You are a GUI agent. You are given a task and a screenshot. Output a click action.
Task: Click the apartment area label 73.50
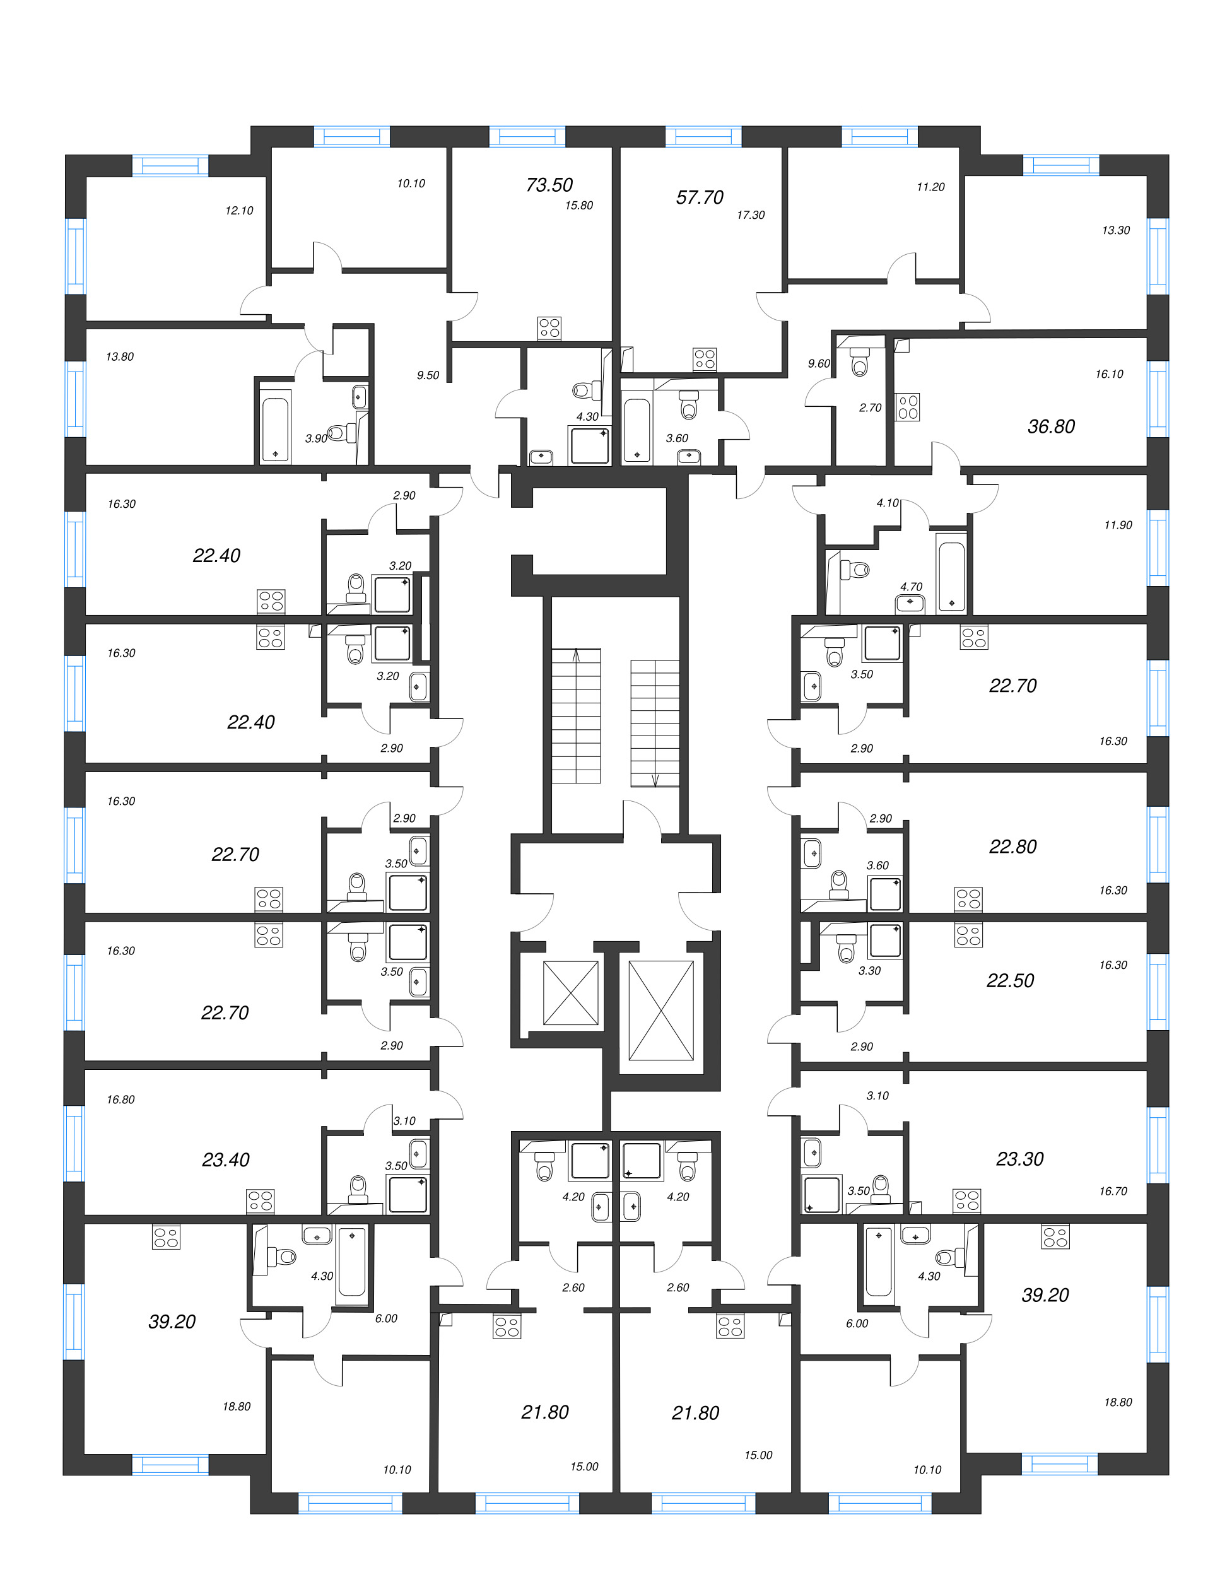[x=549, y=185]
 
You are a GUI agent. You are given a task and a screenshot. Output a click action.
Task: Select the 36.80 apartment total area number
[x=1051, y=427]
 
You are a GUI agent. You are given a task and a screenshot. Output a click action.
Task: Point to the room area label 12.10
[x=239, y=211]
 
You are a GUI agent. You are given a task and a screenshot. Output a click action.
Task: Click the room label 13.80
[x=120, y=356]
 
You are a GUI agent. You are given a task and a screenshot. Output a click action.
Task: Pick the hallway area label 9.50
[x=428, y=375]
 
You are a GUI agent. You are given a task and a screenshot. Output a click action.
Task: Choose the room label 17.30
[x=750, y=215]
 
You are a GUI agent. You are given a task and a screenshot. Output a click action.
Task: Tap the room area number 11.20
[x=930, y=187]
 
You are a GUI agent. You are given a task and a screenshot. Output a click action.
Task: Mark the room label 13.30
[x=1115, y=230]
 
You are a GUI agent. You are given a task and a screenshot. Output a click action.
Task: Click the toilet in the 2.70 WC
[x=859, y=361]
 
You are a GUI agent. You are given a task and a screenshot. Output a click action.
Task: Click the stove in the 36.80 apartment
[x=908, y=407]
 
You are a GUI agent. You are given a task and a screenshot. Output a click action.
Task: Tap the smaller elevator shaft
[x=570, y=993]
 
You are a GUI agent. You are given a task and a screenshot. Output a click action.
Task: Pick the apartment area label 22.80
[x=1012, y=847]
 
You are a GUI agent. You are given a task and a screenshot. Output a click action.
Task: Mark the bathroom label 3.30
[x=869, y=971]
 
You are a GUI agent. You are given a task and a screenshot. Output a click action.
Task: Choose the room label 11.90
[x=1117, y=525]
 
